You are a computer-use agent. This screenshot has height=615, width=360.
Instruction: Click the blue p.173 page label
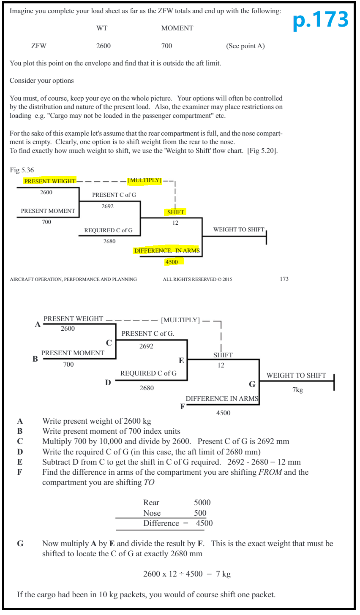320,20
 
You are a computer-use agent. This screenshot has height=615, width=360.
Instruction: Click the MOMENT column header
177,28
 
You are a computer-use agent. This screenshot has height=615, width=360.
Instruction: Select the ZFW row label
39,46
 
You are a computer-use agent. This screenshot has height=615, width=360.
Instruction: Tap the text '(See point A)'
245,46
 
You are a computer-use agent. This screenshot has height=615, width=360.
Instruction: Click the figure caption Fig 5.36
22,170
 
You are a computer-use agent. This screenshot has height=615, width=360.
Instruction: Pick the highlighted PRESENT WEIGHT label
50,181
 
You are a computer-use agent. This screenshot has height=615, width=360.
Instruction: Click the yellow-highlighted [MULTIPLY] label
145,180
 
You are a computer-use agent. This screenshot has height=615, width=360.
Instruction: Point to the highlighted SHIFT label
175,212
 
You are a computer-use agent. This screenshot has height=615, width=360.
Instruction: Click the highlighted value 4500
172,262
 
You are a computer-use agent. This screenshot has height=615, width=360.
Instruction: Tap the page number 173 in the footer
284,279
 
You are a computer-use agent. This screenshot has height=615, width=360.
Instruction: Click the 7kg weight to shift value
297,390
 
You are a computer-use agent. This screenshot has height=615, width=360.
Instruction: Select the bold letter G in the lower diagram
252,384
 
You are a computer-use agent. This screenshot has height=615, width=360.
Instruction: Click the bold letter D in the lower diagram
108,382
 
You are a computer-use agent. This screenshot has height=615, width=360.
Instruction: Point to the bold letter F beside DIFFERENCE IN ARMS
183,407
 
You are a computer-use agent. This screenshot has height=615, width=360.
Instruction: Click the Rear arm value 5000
202,503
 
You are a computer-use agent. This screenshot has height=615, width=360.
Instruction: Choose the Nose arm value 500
200,513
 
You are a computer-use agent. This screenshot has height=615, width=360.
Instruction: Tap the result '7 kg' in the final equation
223,574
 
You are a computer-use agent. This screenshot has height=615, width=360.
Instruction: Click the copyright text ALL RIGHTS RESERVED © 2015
197,279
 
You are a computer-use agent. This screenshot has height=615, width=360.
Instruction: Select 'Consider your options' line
42,80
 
